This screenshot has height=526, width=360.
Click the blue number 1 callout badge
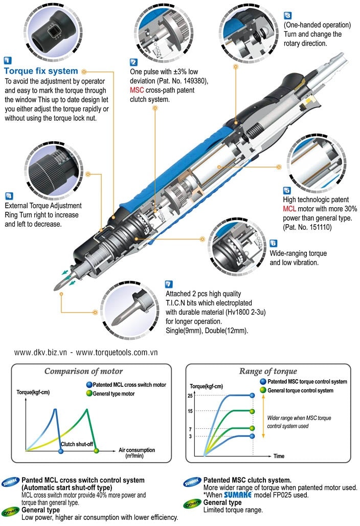8,59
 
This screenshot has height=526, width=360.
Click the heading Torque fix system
41,71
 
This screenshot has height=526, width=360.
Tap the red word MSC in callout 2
136,90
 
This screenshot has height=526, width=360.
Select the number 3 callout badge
287,15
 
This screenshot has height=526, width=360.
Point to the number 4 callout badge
9,196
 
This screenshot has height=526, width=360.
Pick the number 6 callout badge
274,244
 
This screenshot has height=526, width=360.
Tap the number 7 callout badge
169,284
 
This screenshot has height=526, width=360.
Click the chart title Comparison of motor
83,371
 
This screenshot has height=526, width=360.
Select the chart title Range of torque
268,371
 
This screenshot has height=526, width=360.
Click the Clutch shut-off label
77,444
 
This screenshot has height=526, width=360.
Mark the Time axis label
279,455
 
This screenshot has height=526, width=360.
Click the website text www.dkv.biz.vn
39,353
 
